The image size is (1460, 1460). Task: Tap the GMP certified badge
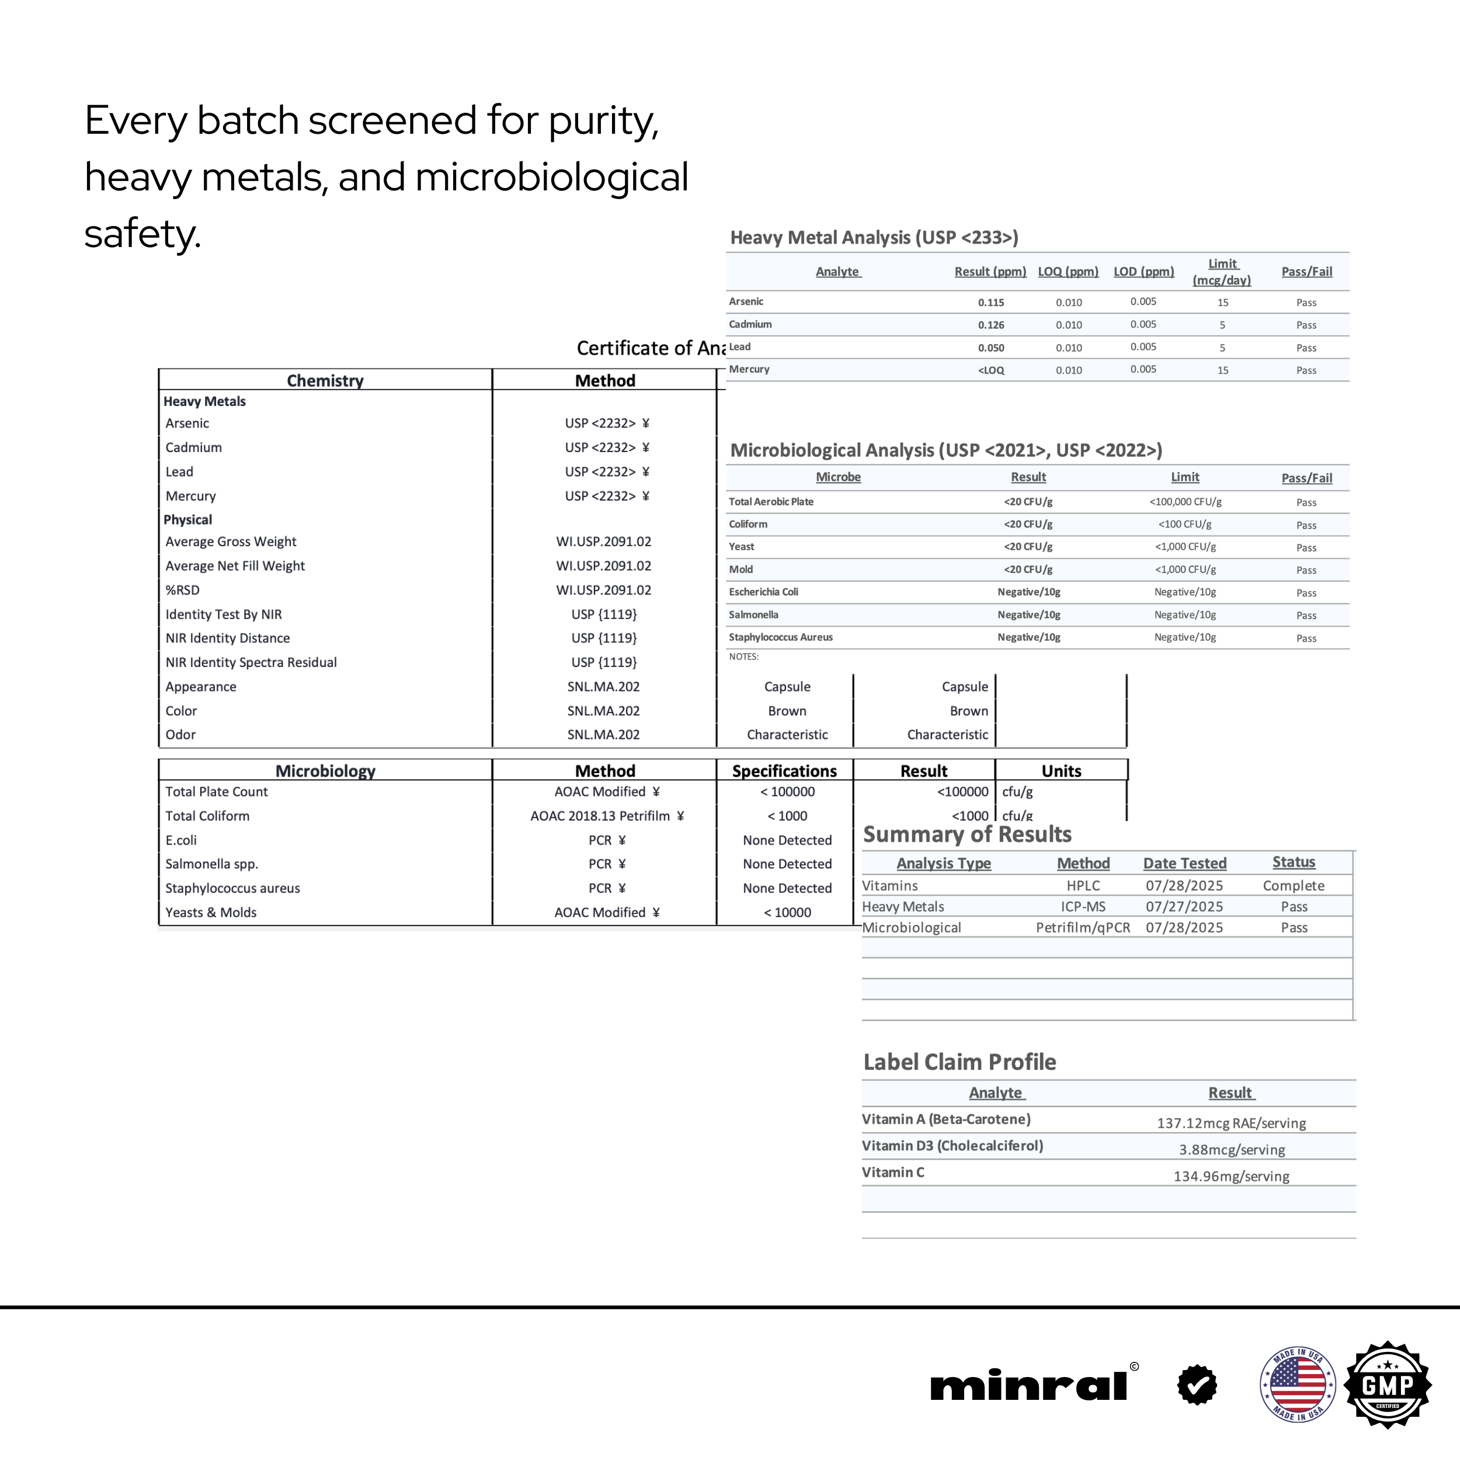point(1388,1385)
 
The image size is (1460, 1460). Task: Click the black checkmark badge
point(1197,1385)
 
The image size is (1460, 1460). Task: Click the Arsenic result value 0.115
point(990,303)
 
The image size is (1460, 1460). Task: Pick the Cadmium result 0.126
point(990,325)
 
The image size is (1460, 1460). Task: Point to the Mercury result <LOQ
point(990,370)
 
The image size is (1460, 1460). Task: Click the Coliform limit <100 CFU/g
point(1184,524)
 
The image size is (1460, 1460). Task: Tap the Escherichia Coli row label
point(763,592)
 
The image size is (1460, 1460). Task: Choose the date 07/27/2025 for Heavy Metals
point(1183,907)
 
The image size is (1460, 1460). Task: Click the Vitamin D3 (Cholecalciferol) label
point(952,1146)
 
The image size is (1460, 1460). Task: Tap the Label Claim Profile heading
point(959,1062)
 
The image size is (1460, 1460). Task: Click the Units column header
point(1061,771)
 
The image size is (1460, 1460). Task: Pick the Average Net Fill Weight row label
point(235,566)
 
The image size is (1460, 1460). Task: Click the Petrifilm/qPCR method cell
point(1083,928)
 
